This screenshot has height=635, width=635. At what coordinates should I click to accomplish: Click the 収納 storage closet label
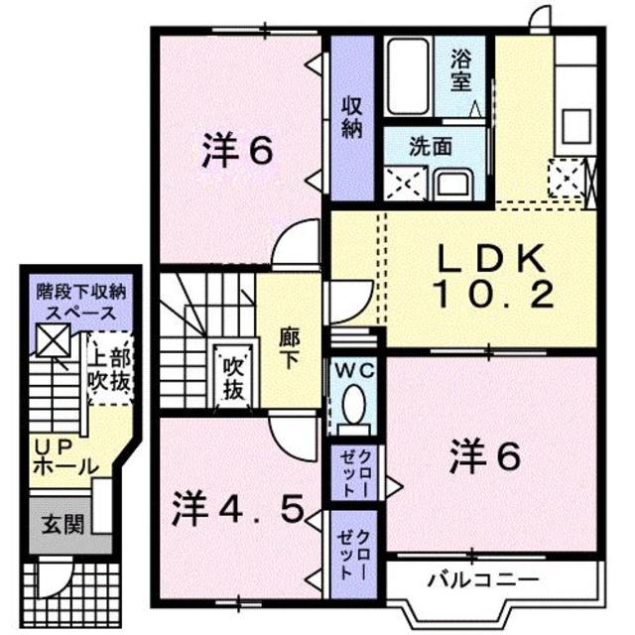(x=351, y=117)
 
